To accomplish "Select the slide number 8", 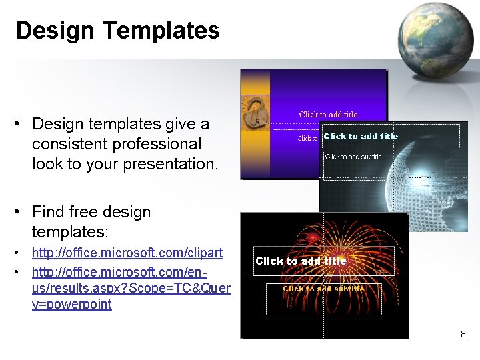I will tap(463, 333).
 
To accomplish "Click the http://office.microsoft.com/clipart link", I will tap(127, 254).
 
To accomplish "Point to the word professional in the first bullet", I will tap(158, 144).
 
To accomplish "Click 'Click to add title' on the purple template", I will tap(328, 115).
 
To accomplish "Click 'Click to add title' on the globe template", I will tap(361, 137).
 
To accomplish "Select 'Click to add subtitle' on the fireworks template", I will tap(323, 289).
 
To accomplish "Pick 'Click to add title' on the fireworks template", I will tap(301, 261).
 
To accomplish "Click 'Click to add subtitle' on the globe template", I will tap(353, 157).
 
